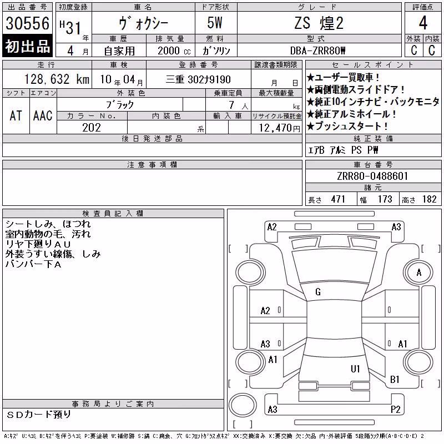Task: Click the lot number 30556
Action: click(x=27, y=23)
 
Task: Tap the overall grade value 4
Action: click(x=423, y=23)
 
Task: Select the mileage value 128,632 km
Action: click(x=57, y=79)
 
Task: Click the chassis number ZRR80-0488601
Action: click(x=372, y=176)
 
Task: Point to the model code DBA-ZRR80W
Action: click(x=317, y=51)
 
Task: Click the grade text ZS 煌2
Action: click(x=319, y=23)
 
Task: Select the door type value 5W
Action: click(x=215, y=23)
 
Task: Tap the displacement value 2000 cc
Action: click(x=174, y=51)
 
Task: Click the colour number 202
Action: click(x=92, y=128)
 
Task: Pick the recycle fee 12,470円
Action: click(x=280, y=128)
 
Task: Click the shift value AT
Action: click(x=16, y=116)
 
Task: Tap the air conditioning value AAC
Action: click(x=43, y=116)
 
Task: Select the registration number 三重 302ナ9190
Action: click(x=198, y=79)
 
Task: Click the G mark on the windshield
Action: click(x=318, y=292)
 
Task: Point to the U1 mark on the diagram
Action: click(x=355, y=369)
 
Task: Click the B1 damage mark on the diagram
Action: click(x=395, y=380)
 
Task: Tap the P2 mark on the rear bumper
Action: click(x=395, y=410)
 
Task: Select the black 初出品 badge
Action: click(x=27, y=46)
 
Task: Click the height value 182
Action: click(x=429, y=199)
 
